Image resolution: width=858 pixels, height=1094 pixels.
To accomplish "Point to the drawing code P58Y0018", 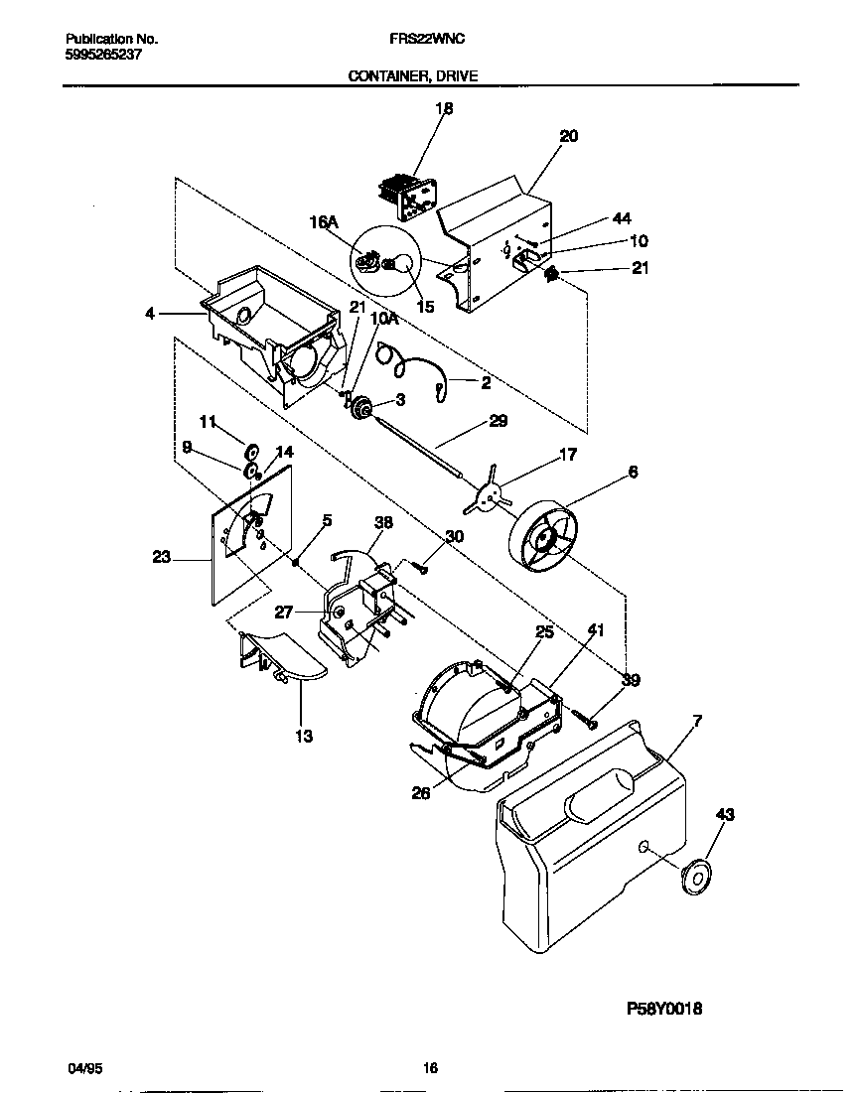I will (x=664, y=1008).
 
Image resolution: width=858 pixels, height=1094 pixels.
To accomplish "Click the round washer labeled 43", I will (x=697, y=878).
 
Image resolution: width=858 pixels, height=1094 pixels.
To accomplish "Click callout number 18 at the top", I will (x=444, y=109).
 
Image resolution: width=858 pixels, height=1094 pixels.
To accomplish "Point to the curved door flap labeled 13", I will (x=288, y=660).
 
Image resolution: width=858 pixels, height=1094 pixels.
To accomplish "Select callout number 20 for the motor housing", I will (x=568, y=137).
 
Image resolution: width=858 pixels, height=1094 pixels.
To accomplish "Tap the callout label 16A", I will (x=325, y=224).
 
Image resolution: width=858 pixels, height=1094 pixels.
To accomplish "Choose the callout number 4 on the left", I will (x=150, y=314).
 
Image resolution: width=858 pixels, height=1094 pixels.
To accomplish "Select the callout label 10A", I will (x=384, y=319).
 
